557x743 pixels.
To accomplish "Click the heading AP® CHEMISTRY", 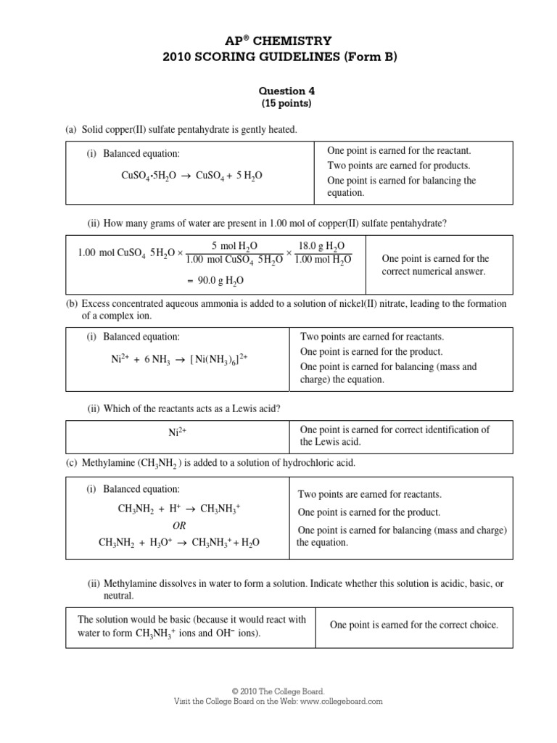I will click(278, 41).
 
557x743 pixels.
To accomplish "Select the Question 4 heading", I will click(278, 91).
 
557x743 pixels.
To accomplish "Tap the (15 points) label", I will click(278, 104).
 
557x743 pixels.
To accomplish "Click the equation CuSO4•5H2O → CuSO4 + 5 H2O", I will click(192, 176).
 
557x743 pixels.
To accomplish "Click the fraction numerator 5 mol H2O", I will click(234, 246).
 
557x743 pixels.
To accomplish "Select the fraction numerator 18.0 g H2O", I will click(322, 246).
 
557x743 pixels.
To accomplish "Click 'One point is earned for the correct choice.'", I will click(413, 625).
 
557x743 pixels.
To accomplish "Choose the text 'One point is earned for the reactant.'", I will click(399, 151).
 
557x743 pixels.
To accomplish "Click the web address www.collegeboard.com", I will click(340, 702).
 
